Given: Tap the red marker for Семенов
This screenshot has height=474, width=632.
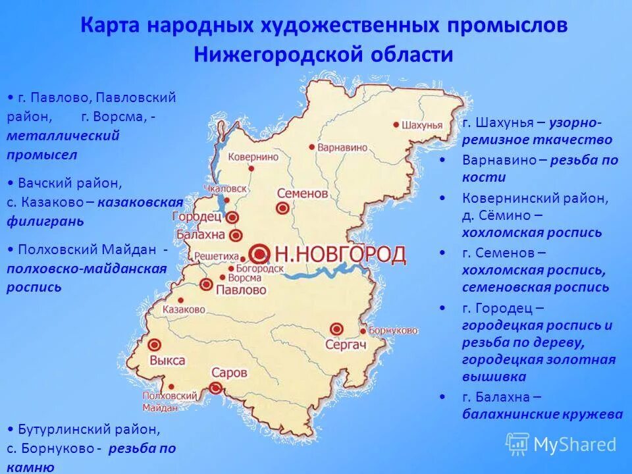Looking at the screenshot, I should (282, 208).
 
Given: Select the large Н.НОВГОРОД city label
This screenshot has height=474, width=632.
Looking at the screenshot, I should (340, 254).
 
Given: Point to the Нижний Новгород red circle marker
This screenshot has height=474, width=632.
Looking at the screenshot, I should (260, 253).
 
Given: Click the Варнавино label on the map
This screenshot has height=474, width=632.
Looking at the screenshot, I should (342, 148).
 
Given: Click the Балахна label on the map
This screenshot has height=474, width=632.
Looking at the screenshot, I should (200, 235).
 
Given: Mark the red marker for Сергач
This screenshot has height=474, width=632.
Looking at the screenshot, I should (337, 328).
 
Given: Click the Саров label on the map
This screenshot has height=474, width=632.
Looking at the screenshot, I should (229, 373).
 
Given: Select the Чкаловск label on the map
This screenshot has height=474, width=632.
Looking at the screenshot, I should (226, 188).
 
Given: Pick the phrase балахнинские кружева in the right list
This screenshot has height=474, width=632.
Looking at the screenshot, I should (542, 414).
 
